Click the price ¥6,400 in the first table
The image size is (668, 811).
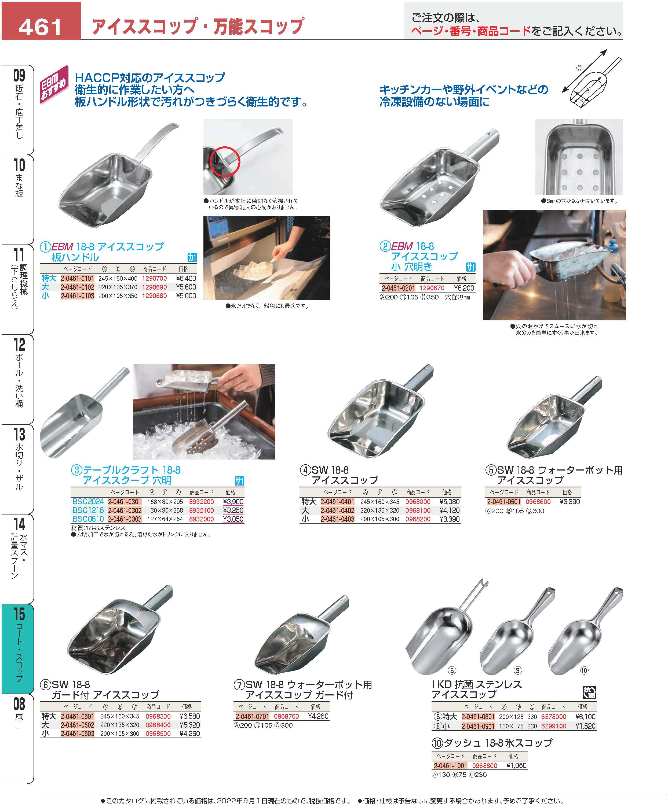click(x=186, y=278)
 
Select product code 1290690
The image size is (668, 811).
click(x=154, y=287)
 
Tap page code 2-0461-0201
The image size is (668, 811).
click(x=398, y=288)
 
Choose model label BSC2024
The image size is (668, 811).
click(x=88, y=502)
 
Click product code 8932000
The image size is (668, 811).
click(x=201, y=519)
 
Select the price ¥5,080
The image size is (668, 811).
click(x=450, y=502)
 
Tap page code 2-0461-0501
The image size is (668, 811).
click(x=504, y=502)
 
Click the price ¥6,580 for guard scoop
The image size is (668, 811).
click(x=190, y=716)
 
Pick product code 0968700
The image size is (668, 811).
click(x=286, y=716)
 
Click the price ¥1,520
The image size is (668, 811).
click(x=585, y=726)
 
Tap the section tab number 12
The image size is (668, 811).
click(x=19, y=345)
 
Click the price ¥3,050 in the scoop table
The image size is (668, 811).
click(x=233, y=519)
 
